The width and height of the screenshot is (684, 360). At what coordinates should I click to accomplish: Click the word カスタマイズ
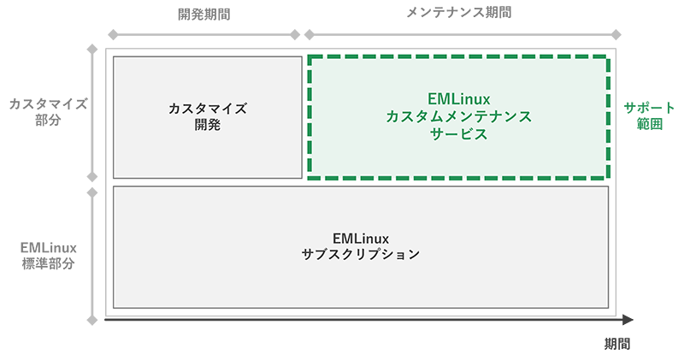[x=207, y=109]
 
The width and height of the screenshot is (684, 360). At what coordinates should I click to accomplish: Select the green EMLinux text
[x=458, y=98]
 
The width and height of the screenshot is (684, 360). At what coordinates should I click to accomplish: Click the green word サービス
[x=458, y=134]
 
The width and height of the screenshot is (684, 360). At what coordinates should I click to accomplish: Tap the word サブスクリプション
[x=360, y=254]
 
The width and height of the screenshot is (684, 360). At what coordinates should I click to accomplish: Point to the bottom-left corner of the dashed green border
[x=310, y=178]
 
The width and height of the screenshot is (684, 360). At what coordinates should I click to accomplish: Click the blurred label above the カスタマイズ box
[x=205, y=19]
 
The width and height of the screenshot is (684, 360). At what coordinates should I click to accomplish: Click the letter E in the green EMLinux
[x=431, y=98]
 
